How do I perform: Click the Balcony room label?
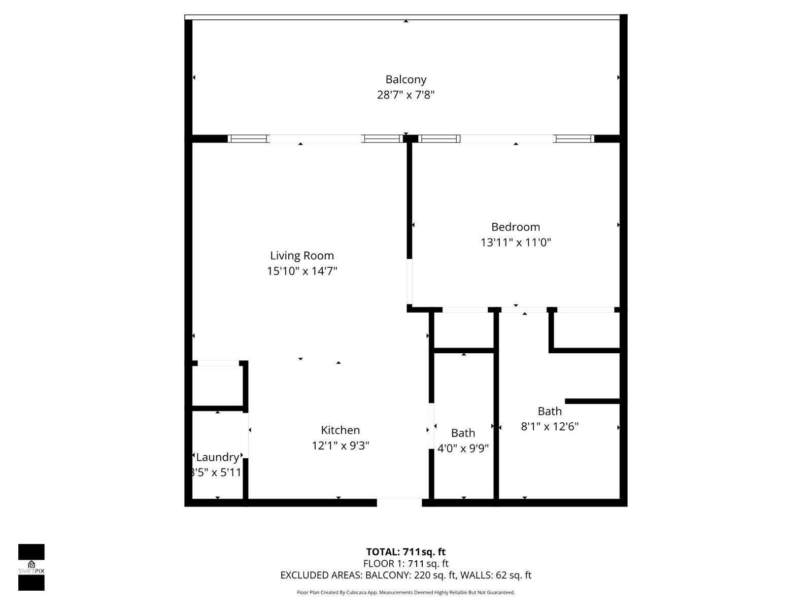405,80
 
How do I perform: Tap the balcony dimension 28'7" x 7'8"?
405,95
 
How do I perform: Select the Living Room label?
301,255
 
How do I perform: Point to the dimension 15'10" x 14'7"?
302,271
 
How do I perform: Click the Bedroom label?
515,227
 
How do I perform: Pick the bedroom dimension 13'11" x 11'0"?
515,242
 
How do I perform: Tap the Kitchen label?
340,430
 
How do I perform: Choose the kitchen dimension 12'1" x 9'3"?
340,446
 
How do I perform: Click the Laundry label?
217,457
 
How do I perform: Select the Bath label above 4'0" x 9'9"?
463,432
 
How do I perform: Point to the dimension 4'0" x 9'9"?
463,448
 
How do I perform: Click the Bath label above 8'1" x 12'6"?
549,411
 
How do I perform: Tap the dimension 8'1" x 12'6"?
549,427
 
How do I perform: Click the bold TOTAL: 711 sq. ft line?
405,552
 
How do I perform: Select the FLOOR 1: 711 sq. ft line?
405,563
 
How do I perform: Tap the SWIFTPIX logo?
31,567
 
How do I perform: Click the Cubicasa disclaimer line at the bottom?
405,592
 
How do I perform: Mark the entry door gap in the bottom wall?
399,502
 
